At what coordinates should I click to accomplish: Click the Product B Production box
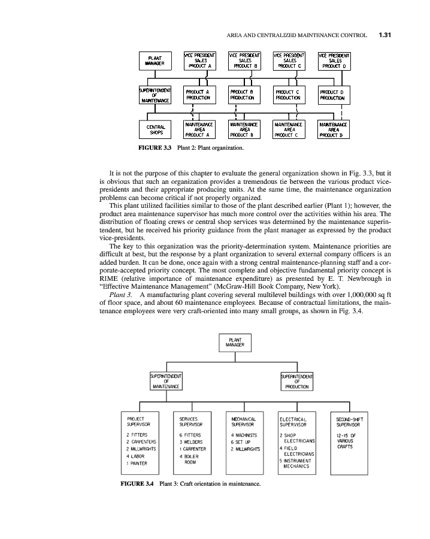[246, 95]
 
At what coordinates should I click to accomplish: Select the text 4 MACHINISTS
[244, 434]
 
